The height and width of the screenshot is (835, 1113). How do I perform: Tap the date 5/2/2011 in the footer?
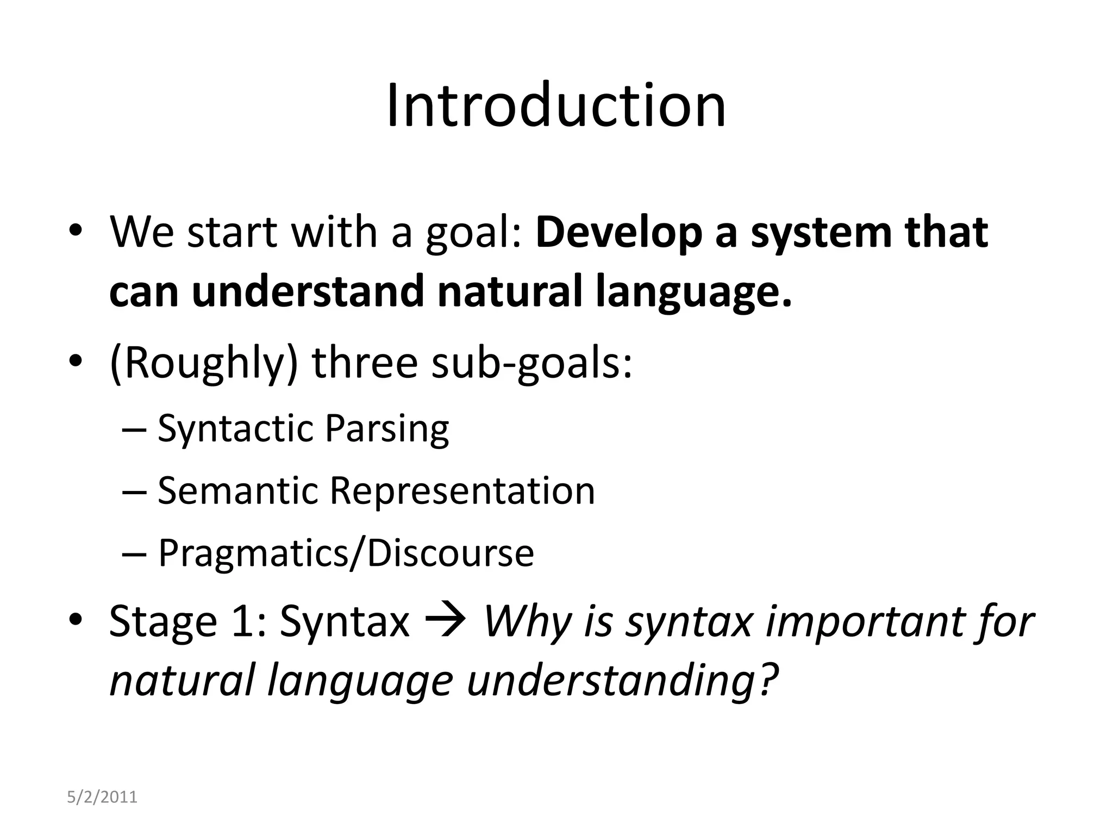tap(102, 797)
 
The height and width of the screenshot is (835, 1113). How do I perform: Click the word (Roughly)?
tap(204, 363)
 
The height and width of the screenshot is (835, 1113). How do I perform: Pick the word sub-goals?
tap(532, 363)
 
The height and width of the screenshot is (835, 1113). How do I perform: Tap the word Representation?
tap(462, 491)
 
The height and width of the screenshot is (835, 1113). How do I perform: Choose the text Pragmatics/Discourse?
tap(346, 553)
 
